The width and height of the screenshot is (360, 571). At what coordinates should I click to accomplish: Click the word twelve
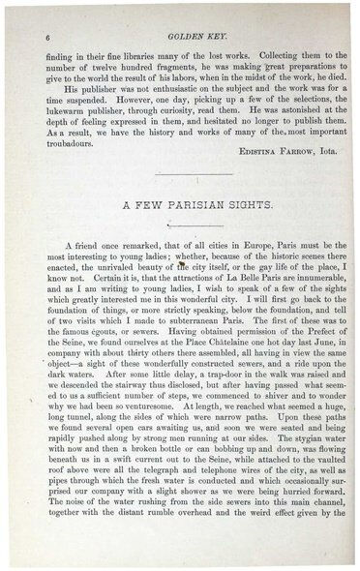coord(110,41)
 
